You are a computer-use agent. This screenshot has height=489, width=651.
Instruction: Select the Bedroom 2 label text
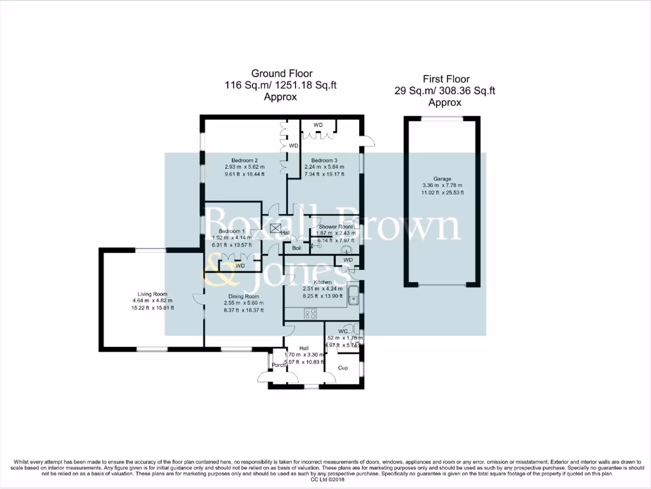pyautogui.click(x=244, y=160)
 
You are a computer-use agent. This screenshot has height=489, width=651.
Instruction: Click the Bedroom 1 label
pyautogui.click(x=231, y=231)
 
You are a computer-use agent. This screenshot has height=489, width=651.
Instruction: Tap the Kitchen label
pyautogui.click(x=323, y=282)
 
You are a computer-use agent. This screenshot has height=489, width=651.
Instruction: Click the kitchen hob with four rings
pyautogui.click(x=312, y=313)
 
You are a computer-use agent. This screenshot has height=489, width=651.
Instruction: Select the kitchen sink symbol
pyautogui.click(x=353, y=295)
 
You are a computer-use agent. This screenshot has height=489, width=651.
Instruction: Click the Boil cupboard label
pyautogui.click(x=297, y=248)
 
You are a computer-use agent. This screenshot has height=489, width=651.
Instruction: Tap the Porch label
pyautogui.click(x=278, y=365)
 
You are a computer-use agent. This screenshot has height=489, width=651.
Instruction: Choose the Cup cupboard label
pyautogui.click(x=343, y=368)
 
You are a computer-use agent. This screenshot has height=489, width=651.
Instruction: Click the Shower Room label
pyautogui.click(x=336, y=227)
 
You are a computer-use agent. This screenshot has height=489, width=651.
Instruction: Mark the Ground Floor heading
pyautogui.click(x=282, y=74)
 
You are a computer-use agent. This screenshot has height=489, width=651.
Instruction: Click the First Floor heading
pyautogui.click(x=444, y=79)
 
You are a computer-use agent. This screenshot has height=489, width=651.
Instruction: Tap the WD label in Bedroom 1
pyautogui.click(x=240, y=266)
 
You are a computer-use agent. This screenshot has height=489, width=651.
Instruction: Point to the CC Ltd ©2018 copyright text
pyautogui.click(x=325, y=479)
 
